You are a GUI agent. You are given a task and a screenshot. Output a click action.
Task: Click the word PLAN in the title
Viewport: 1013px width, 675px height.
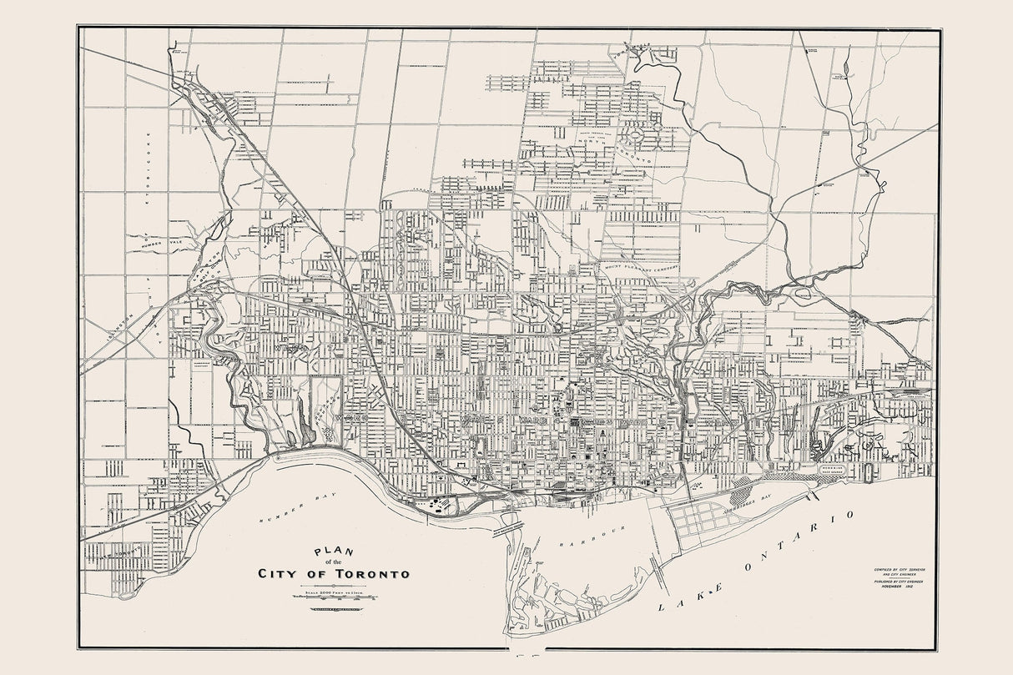(x=331, y=552)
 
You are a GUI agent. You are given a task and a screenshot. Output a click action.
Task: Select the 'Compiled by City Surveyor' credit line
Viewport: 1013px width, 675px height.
(x=898, y=568)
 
